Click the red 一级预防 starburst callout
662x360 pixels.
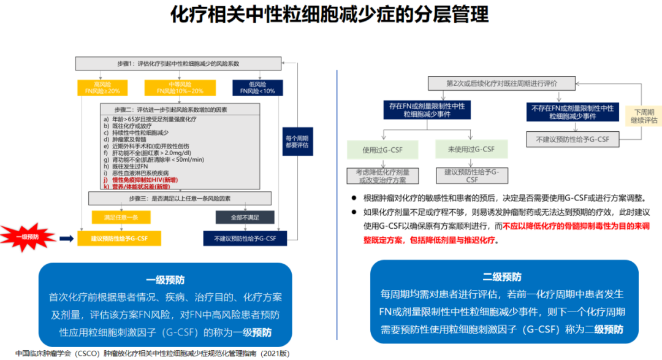point(30,237)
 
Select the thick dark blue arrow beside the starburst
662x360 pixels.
point(66,237)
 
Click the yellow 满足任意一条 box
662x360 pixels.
point(116,217)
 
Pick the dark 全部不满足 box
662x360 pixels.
point(245,217)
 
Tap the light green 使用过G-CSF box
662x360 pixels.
point(382,149)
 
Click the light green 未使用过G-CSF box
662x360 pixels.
point(471,149)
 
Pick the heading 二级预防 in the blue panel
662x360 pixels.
point(502,277)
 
